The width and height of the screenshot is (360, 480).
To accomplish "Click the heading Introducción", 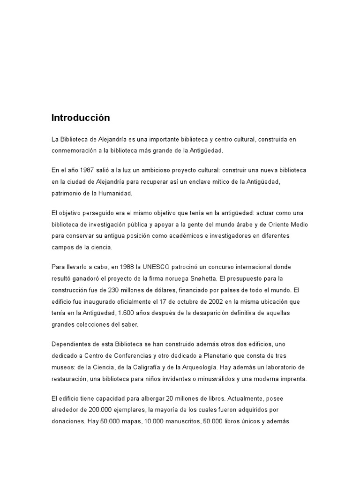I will click(x=80, y=118).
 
